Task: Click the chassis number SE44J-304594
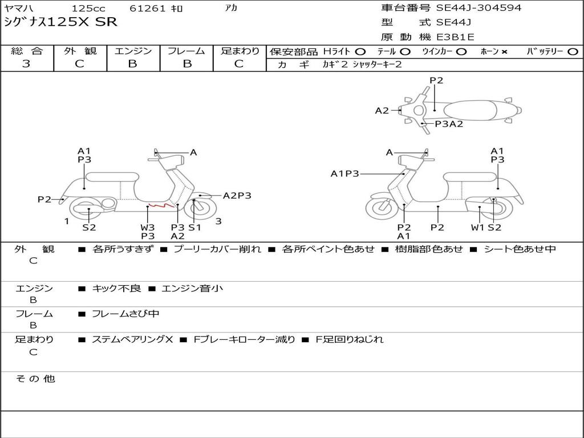478,8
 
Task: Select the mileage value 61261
148,9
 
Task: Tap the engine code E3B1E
455,37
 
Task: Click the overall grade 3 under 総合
26,64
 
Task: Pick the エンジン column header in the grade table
133,51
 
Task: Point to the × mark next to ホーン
504,51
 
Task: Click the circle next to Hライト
361,51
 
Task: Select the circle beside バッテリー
573,51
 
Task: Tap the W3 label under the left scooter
148,227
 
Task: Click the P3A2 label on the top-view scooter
449,124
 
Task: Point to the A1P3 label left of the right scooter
344,173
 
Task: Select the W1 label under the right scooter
477,227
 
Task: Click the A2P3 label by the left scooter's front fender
237,196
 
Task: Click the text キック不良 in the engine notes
116,289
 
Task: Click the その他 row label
35,379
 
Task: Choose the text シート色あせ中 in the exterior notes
519,249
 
